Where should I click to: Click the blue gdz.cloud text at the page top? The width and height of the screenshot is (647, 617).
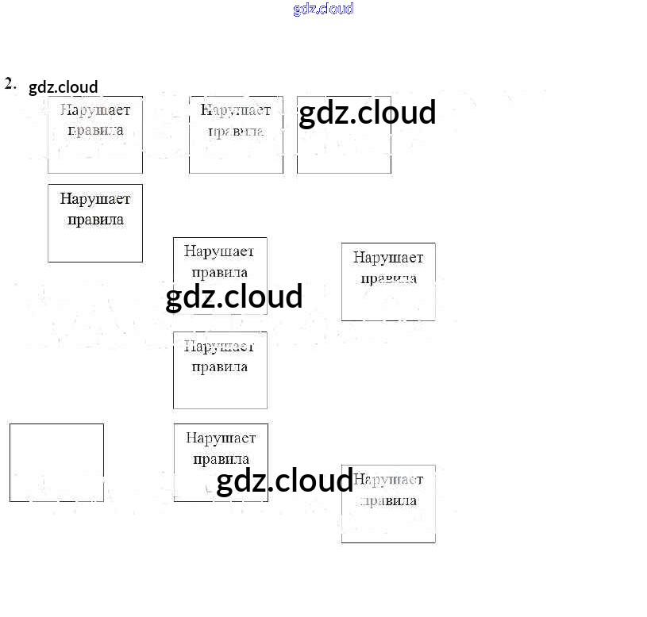pyautogui.click(x=323, y=9)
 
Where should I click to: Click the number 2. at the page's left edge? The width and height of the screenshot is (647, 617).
pyautogui.click(x=10, y=83)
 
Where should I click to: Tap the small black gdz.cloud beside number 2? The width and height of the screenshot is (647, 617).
pyautogui.click(x=63, y=87)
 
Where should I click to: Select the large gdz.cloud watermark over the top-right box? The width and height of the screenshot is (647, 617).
pyautogui.click(x=367, y=113)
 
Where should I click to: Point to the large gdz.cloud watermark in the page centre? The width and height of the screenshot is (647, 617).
pyautogui.click(x=234, y=297)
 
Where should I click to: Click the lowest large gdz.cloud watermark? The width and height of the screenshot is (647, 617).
pyautogui.click(x=284, y=481)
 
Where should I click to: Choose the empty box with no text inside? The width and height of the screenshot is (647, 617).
pyautogui.click(x=56, y=462)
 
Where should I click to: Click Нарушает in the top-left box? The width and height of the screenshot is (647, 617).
pyautogui.click(x=95, y=109)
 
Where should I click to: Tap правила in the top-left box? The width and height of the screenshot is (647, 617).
pyautogui.click(x=95, y=130)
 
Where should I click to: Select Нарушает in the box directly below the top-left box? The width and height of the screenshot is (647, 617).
pyautogui.click(x=95, y=198)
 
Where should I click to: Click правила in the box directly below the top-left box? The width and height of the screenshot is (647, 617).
pyautogui.click(x=95, y=219)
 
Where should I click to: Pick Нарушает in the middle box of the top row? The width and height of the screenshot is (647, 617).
pyautogui.click(x=236, y=109)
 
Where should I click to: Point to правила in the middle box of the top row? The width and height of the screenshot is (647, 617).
pyautogui.click(x=236, y=130)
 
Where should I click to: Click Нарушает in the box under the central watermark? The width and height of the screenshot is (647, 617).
pyautogui.click(x=220, y=251)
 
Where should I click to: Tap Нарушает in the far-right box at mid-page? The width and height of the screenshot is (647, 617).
pyautogui.click(x=388, y=257)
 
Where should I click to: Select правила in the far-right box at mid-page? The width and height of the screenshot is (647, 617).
pyautogui.click(x=388, y=278)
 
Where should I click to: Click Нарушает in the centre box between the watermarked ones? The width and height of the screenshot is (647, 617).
pyautogui.click(x=220, y=346)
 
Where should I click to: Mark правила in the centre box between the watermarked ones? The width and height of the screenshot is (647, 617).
pyautogui.click(x=220, y=366)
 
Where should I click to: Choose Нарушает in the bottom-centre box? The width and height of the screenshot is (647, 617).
pyautogui.click(x=221, y=438)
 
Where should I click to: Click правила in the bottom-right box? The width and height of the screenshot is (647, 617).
pyautogui.click(x=388, y=500)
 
